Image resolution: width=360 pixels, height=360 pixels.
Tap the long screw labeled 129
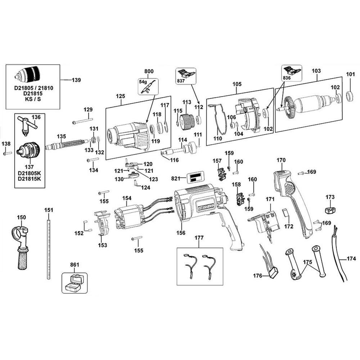point(82,121)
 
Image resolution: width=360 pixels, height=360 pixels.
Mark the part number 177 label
point(199,238)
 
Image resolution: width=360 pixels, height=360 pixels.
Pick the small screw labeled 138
point(8,153)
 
